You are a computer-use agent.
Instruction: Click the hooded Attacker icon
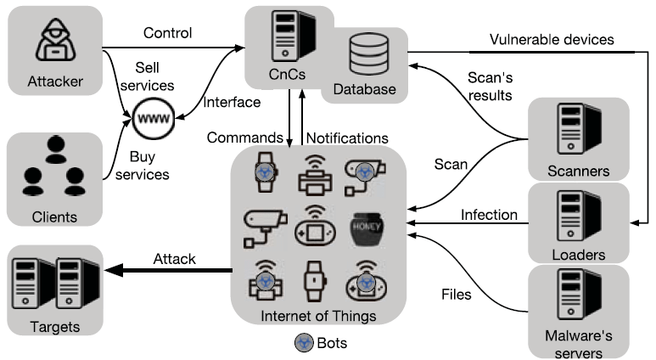53,42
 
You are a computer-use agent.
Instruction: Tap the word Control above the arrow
168,33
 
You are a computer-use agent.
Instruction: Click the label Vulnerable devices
552,40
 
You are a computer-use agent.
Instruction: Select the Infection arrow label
489,215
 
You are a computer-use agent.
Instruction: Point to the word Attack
173,258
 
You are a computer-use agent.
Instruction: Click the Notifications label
346,138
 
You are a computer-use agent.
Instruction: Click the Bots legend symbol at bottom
302,343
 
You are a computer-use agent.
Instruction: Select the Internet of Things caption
317,317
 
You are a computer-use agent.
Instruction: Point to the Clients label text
53,217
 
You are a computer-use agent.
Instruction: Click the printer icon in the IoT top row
314,173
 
